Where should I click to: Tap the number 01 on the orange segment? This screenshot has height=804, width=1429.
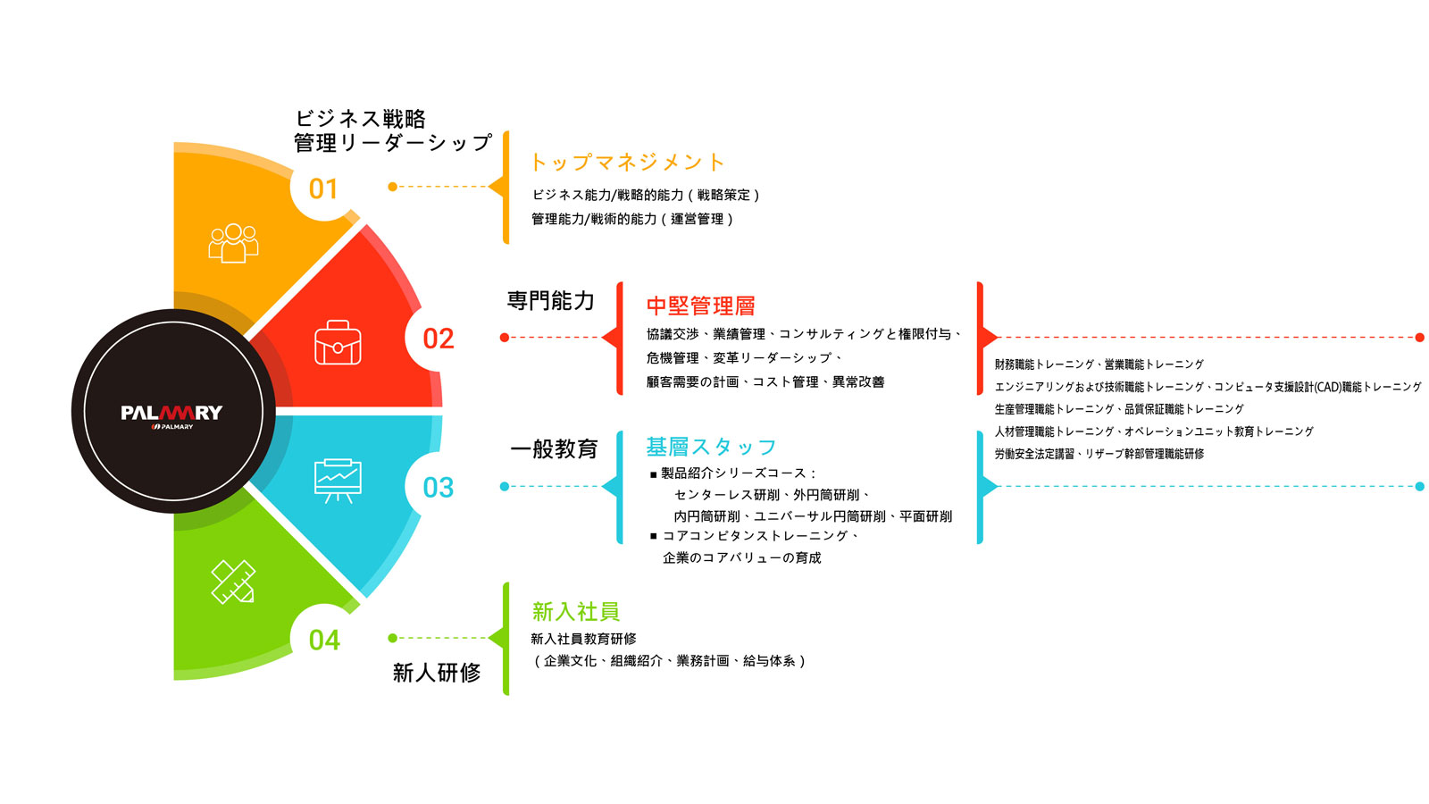(323, 189)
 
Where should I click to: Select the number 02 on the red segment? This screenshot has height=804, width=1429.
(439, 339)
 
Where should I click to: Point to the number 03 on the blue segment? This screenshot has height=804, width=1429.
(439, 488)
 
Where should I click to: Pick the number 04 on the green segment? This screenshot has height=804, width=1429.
(324, 641)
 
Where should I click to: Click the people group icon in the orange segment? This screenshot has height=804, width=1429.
(233, 242)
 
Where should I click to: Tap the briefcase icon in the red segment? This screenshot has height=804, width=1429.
(338, 343)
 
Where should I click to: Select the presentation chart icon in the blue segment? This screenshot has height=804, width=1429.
(338, 481)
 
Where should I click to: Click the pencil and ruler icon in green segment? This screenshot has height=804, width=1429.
(233, 582)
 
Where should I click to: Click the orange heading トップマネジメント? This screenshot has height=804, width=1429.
(627, 163)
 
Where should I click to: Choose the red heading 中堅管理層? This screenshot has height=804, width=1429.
(701, 306)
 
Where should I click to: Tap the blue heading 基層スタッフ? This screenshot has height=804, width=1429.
(711, 447)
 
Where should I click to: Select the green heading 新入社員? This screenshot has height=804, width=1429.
(576, 612)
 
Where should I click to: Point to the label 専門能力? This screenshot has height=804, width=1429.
(551, 301)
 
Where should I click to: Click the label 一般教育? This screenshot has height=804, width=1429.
(554, 449)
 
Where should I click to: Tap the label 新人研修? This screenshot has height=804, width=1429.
(437, 673)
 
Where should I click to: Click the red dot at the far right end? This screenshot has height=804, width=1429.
(1420, 338)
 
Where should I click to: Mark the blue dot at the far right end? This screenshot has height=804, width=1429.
(1420, 487)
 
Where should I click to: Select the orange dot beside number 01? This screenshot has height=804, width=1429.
(392, 187)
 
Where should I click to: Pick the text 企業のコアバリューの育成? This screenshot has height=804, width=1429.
(741, 558)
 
